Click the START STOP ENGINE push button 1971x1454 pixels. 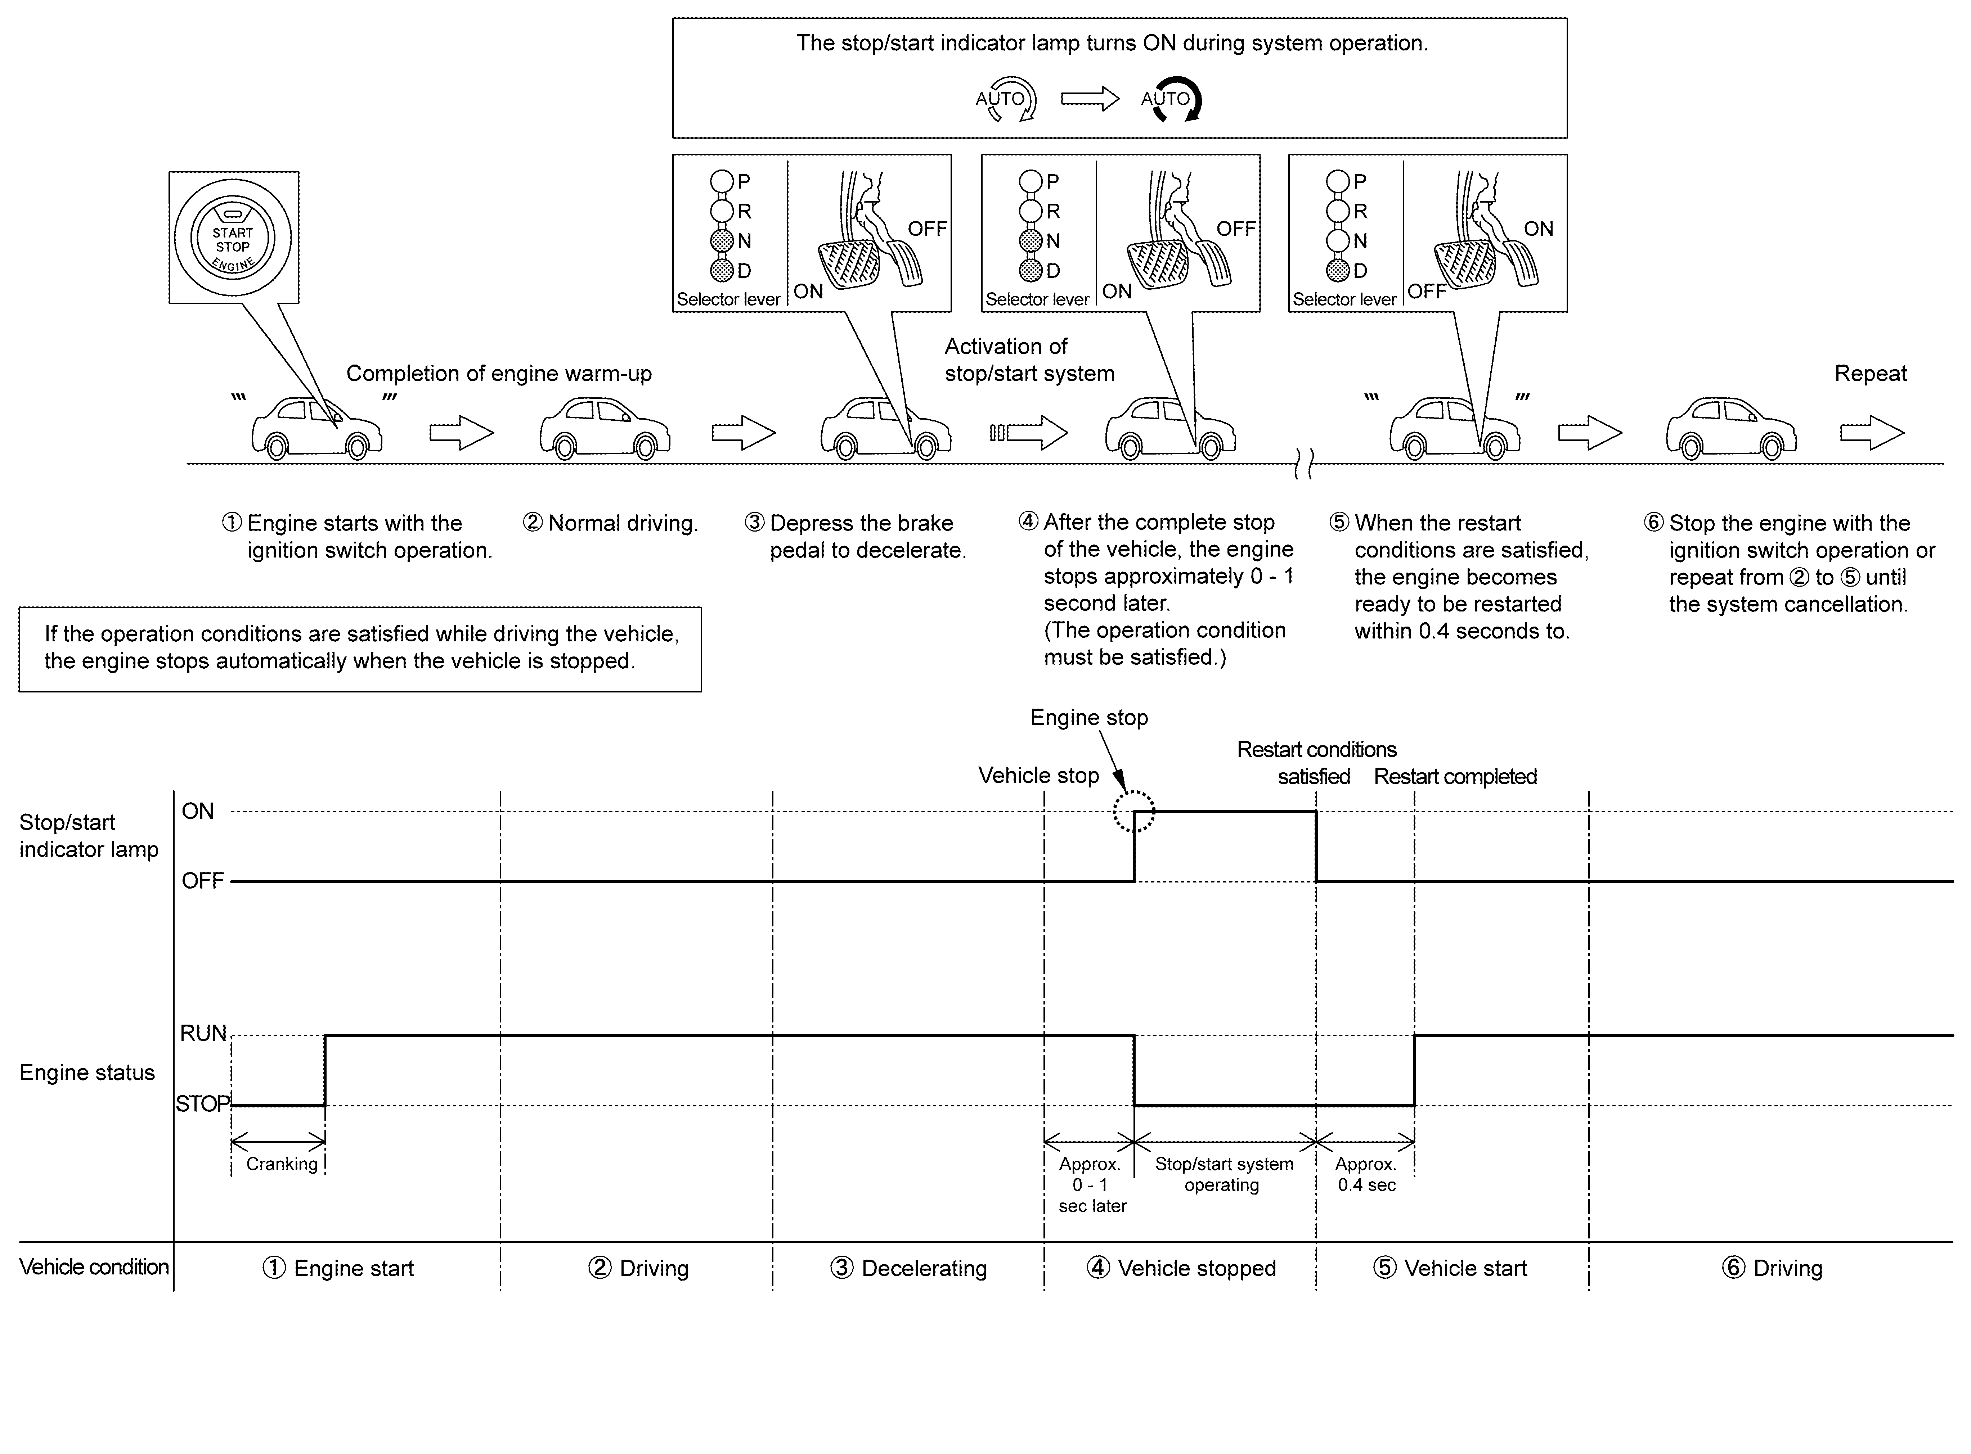233,238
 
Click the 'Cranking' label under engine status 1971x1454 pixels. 282,1164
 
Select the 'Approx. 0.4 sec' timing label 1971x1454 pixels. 1366,1174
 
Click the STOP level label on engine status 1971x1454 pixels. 202,1104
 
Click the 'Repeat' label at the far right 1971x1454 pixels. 1871,373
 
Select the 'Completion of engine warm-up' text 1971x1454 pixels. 499,373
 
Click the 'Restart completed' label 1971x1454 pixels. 1455,776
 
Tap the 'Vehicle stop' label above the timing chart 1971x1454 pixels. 1039,776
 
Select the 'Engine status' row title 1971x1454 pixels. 87,1072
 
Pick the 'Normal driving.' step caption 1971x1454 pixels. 610,523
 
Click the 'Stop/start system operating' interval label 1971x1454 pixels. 1224,1174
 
